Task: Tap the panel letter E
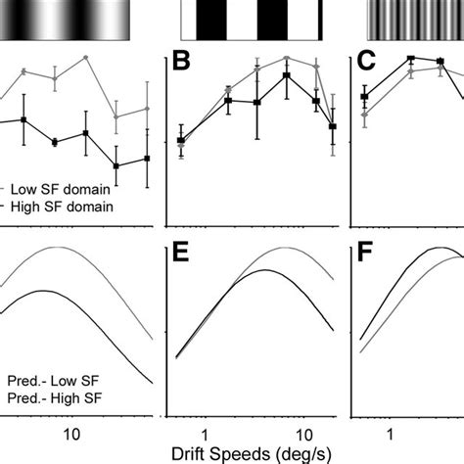[x=183, y=260]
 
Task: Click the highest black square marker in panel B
[x=286, y=75]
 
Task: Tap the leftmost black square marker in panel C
[x=364, y=96]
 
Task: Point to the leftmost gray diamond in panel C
[x=364, y=115]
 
